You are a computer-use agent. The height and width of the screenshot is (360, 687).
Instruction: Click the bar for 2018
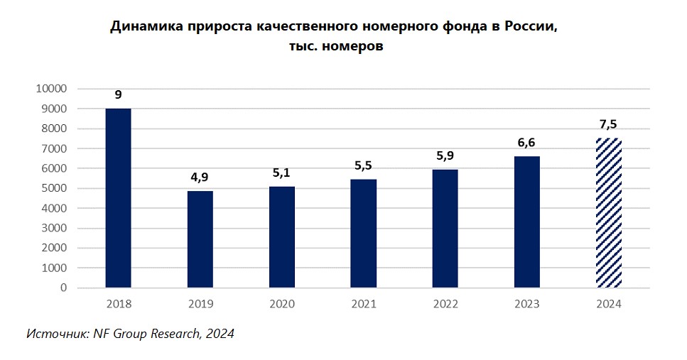coord(118,198)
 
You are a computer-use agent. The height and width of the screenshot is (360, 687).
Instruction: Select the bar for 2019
coord(200,239)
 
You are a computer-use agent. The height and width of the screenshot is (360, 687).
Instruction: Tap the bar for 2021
coord(364,234)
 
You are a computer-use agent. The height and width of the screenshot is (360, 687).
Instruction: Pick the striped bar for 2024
coord(609,213)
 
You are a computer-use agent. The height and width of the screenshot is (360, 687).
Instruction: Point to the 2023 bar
coord(527,222)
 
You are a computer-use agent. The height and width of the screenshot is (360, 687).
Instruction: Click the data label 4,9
coord(200,178)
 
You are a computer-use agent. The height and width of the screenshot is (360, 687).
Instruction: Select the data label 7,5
coord(609,125)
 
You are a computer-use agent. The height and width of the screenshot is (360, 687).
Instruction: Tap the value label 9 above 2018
coord(118,94)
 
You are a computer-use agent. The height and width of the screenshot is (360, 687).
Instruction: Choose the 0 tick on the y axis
coord(63,288)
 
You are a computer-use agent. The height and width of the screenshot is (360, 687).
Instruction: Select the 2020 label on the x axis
coord(282,304)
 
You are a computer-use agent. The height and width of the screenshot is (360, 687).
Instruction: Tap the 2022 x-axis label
coord(445,304)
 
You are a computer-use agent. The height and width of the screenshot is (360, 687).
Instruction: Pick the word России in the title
coord(527,27)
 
